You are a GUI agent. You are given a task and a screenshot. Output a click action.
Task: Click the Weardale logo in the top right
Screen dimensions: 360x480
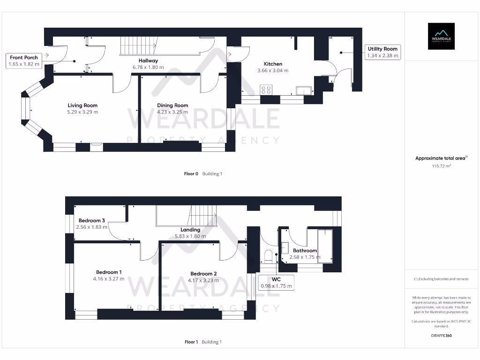(x=441, y=36)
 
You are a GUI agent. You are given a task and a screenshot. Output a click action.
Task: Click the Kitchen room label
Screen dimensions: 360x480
(x=273, y=64)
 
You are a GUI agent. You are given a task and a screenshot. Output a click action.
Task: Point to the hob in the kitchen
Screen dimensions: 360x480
(x=266, y=89)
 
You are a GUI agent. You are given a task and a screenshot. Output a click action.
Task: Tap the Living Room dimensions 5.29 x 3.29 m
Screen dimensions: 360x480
(x=82, y=112)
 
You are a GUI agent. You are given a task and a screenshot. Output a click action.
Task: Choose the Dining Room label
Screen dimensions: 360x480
(x=172, y=105)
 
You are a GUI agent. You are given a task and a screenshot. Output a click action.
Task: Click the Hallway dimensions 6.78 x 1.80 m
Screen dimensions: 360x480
(x=148, y=67)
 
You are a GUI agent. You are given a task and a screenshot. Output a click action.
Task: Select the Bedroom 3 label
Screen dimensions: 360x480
(x=92, y=220)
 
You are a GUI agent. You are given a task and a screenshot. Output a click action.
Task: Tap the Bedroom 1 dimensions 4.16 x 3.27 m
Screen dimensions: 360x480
(x=109, y=278)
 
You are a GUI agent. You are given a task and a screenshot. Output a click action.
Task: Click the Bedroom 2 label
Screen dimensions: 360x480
(x=203, y=274)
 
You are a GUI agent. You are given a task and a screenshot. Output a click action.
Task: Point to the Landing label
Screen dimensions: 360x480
(x=190, y=230)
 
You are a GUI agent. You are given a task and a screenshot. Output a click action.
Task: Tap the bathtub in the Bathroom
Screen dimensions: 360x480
(x=325, y=246)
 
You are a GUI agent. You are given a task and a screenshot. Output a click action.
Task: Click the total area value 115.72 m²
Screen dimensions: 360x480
(x=441, y=166)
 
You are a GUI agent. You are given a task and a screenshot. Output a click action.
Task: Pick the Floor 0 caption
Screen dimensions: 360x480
(x=191, y=173)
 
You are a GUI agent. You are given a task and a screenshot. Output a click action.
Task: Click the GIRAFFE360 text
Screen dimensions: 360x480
(x=441, y=336)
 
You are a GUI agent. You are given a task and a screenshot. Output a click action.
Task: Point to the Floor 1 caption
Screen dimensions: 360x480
(x=191, y=342)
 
